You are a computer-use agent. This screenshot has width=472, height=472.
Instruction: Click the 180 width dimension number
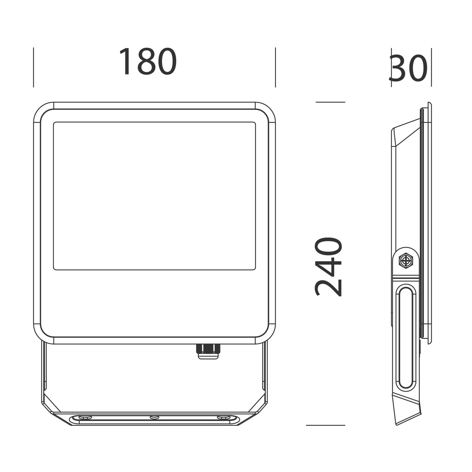pos(147,61)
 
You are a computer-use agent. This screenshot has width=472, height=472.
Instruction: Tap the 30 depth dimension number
pos(408,68)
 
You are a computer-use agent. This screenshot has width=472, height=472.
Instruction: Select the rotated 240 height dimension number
pos(328,267)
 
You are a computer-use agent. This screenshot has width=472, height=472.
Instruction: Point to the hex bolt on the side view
pos(406,260)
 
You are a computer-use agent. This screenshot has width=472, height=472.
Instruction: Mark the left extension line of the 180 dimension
pos(34,67)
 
